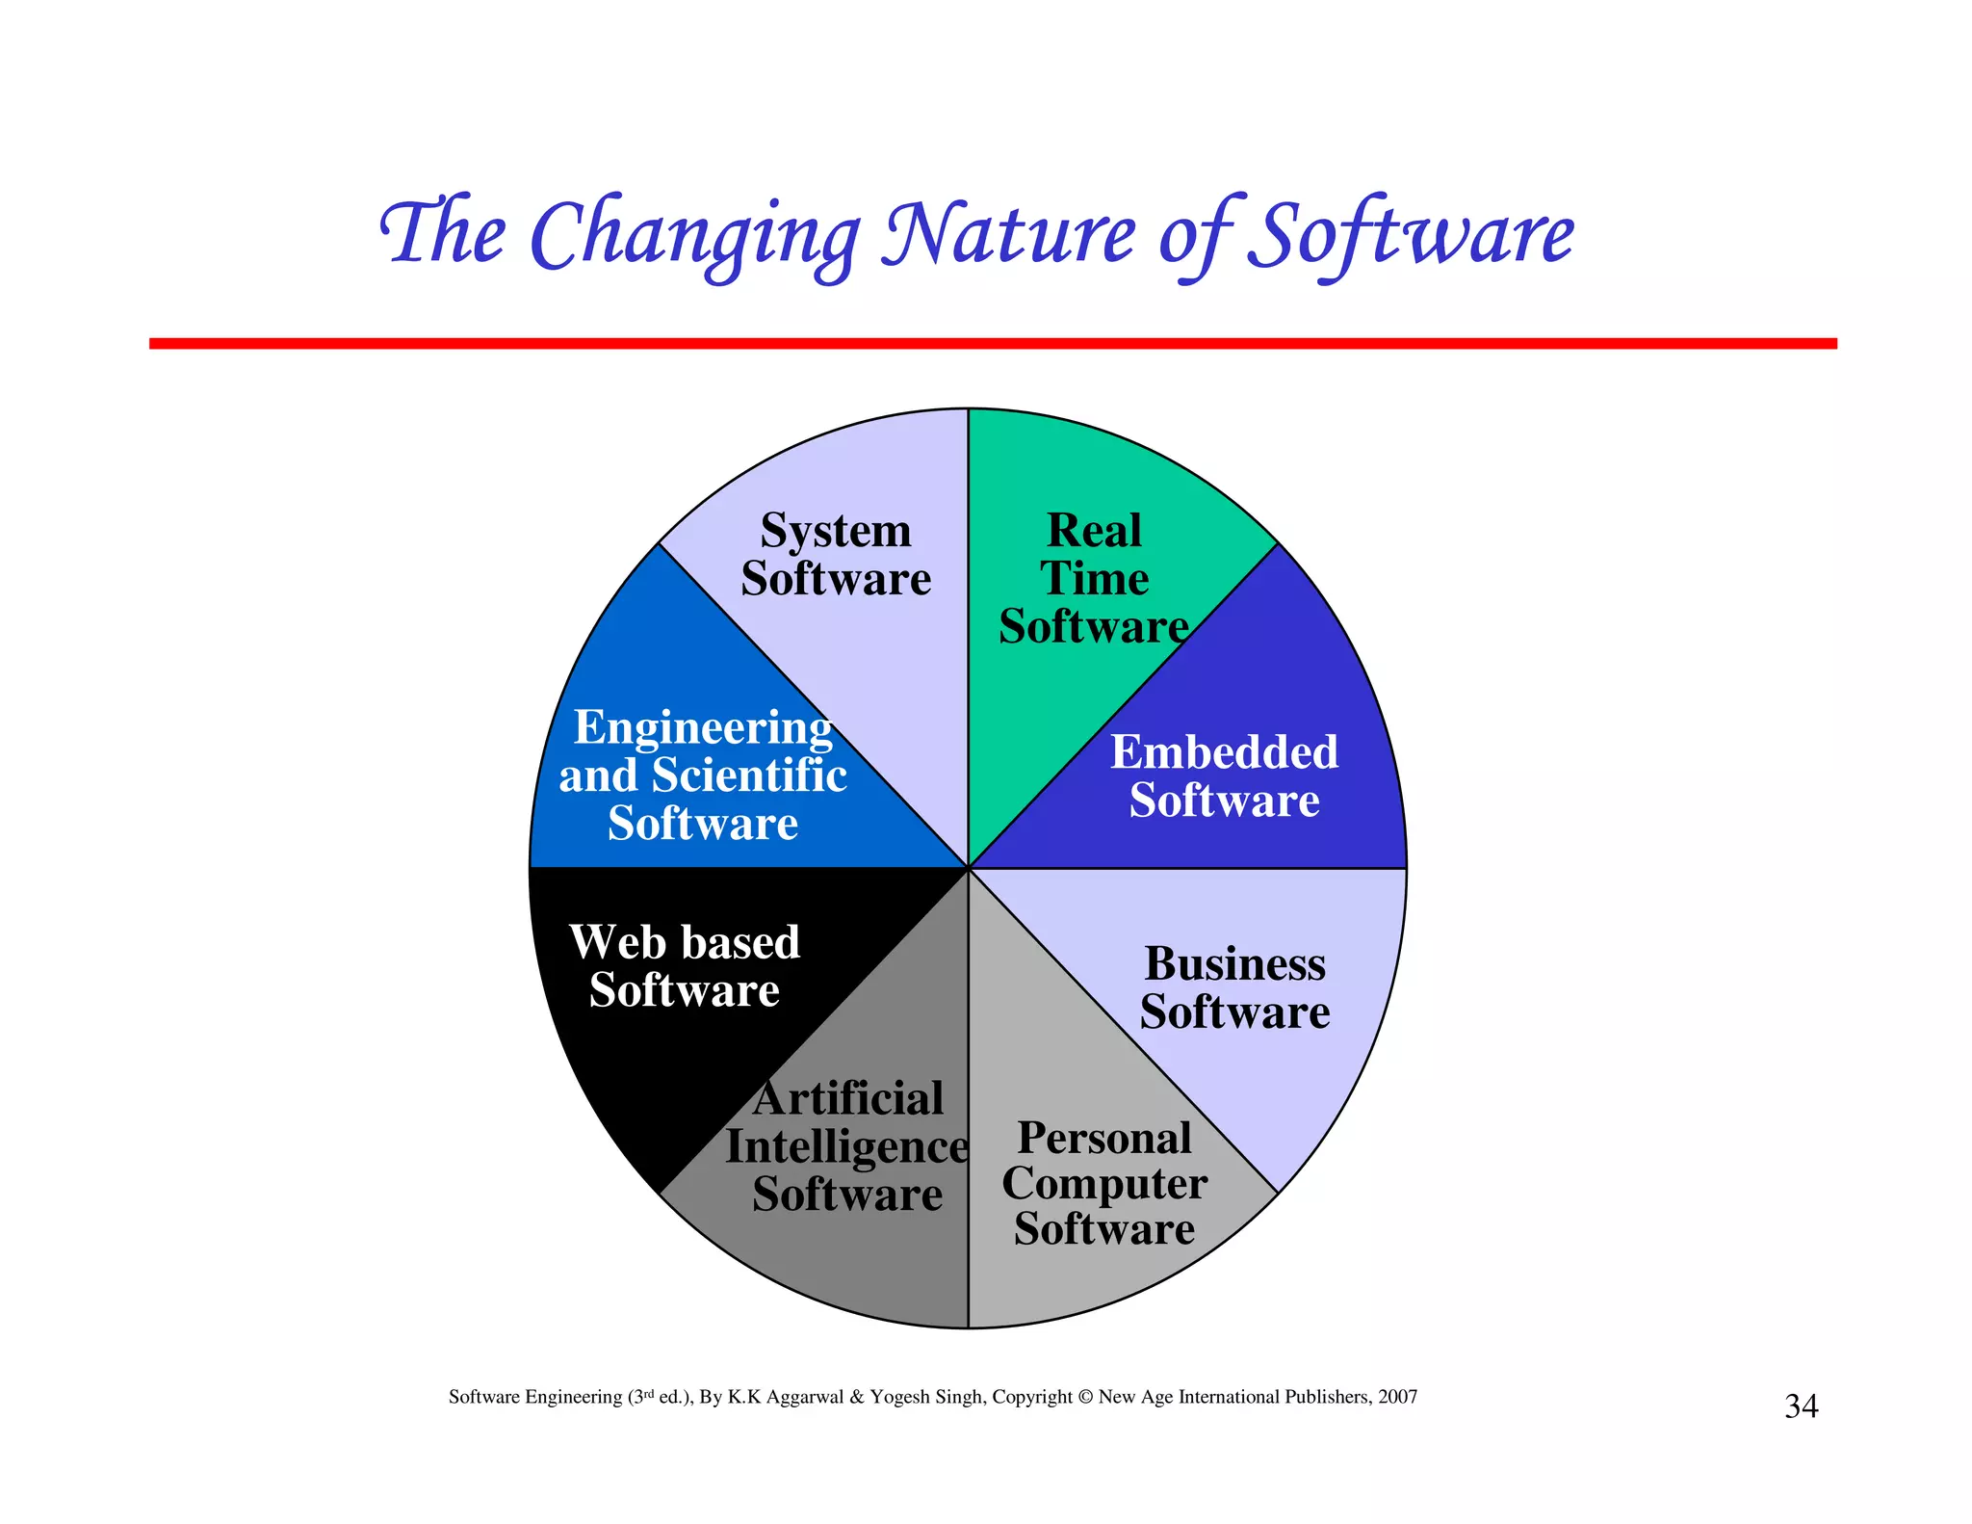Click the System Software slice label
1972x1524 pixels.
[x=836, y=555]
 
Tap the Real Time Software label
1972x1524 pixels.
[x=1094, y=578]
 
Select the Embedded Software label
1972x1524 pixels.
[x=1224, y=776]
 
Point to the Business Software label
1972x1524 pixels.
[x=1234, y=988]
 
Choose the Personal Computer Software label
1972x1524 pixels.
[x=1104, y=1184]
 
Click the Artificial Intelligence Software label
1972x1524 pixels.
[x=847, y=1146]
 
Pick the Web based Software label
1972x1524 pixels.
[x=685, y=966]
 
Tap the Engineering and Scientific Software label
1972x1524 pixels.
[x=703, y=775]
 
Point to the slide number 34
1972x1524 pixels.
[x=1801, y=1406]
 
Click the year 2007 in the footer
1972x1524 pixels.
[x=1397, y=1397]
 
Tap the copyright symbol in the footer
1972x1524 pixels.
[x=1085, y=1397]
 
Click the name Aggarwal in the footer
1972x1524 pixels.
[x=805, y=1397]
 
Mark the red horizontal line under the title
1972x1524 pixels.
[x=992, y=344]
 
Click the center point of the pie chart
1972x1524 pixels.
[x=968, y=868]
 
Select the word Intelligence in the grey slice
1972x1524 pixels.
[x=847, y=1146]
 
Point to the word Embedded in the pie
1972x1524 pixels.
[x=1224, y=752]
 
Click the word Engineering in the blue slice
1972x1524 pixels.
[x=703, y=728]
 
